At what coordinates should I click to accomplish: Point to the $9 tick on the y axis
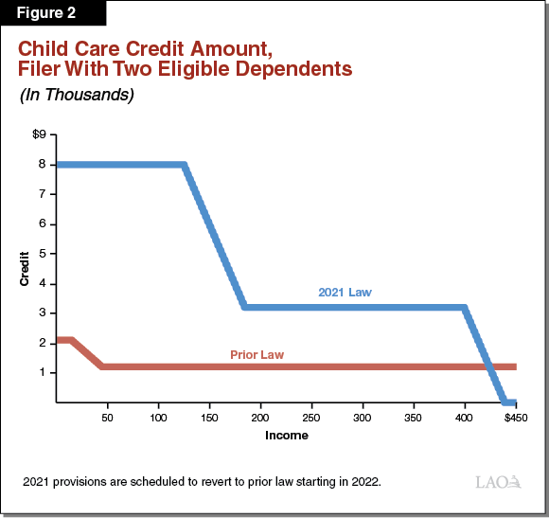point(39,134)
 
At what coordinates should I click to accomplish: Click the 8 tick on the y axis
point(43,164)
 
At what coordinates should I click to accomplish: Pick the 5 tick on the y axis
point(43,254)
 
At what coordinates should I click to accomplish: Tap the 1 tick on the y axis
point(43,372)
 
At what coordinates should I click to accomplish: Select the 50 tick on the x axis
point(107,417)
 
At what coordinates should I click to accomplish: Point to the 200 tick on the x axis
point(259,417)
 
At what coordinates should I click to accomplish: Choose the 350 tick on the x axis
point(413,417)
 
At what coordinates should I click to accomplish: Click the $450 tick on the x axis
point(515,417)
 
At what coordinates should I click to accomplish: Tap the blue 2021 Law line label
point(345,293)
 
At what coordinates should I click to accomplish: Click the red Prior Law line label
point(257,355)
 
